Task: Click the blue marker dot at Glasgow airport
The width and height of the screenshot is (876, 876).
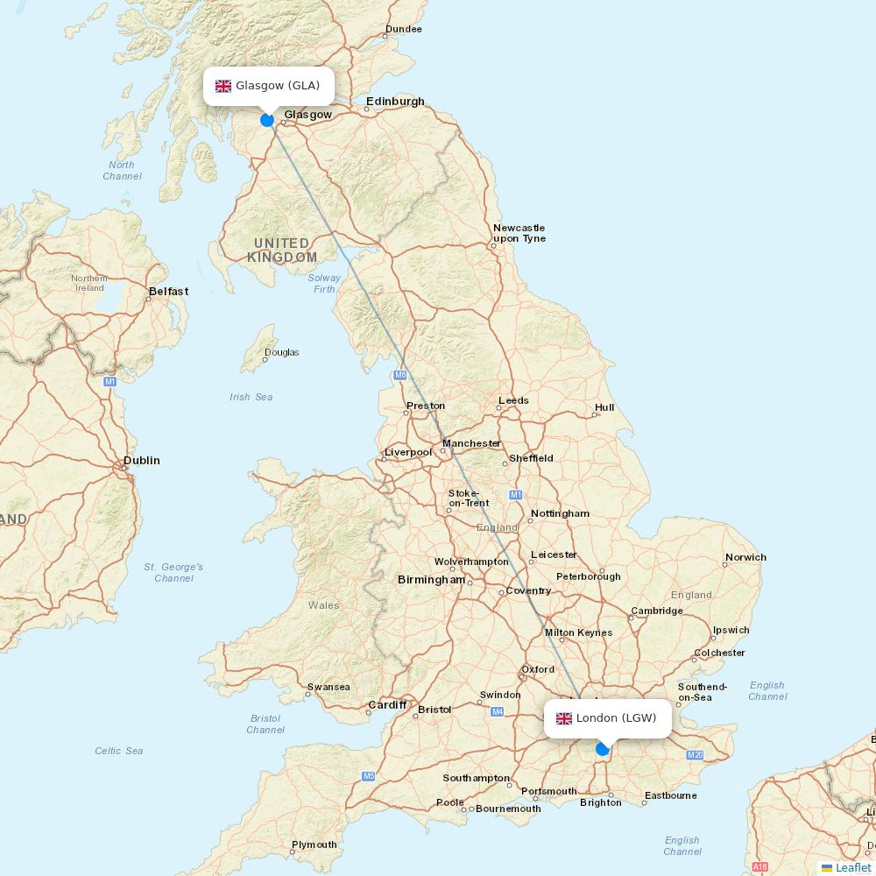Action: click(x=267, y=120)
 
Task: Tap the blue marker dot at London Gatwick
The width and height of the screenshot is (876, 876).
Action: click(x=603, y=749)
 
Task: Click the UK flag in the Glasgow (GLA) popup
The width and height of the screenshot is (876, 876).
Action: click(x=223, y=86)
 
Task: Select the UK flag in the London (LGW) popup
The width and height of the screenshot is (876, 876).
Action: click(x=564, y=718)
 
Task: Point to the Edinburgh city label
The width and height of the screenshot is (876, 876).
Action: click(x=395, y=102)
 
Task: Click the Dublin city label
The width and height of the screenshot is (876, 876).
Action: click(x=142, y=461)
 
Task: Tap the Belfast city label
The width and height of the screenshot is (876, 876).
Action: click(x=168, y=292)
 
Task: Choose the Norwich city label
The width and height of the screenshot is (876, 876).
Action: click(x=745, y=557)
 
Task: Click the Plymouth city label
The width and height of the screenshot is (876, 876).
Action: click(x=314, y=844)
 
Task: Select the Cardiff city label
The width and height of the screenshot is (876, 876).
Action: click(x=387, y=705)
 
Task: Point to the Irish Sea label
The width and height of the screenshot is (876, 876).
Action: click(x=251, y=398)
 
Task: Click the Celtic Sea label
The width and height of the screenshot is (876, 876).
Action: click(x=119, y=751)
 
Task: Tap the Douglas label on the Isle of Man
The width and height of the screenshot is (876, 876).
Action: click(x=281, y=353)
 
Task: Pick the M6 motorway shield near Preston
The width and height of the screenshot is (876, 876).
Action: click(x=400, y=375)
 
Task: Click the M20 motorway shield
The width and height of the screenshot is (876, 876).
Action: click(x=696, y=755)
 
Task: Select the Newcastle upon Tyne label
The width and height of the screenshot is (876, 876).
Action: click(x=519, y=233)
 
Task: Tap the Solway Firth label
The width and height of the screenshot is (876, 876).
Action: click(x=324, y=283)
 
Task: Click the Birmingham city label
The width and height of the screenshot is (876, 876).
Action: click(x=432, y=580)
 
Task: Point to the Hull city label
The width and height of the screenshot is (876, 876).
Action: click(x=604, y=407)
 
